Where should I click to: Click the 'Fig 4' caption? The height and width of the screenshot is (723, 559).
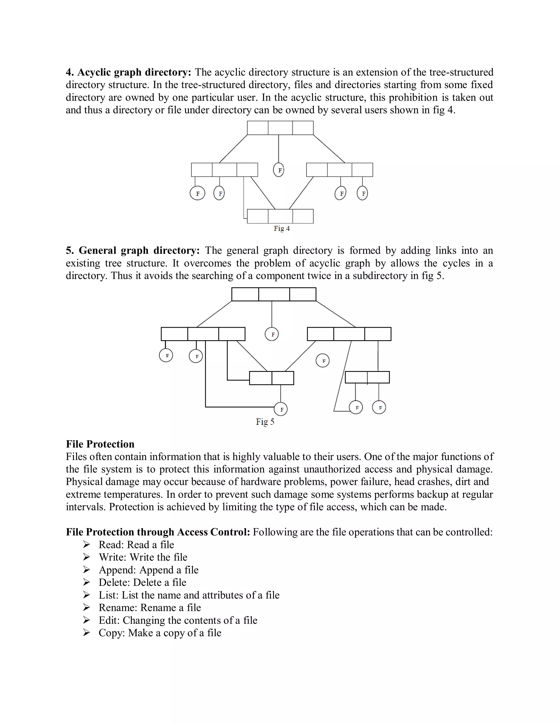point(281,228)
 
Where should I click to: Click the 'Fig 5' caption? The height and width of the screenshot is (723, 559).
point(265,422)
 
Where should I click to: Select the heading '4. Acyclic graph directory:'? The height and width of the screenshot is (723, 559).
point(129,72)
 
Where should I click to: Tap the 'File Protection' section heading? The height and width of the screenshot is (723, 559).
point(100,444)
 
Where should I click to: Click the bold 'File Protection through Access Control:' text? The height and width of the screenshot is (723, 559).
point(158,532)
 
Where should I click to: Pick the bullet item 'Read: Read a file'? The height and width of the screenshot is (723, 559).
point(136,545)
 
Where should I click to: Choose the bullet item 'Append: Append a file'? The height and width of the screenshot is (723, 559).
point(148,570)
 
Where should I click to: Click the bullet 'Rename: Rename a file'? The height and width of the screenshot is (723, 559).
point(150,608)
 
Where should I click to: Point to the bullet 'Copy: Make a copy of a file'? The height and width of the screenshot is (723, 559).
point(160,633)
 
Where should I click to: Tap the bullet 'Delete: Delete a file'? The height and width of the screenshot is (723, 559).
point(142,582)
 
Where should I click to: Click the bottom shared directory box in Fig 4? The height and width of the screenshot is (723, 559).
point(280,216)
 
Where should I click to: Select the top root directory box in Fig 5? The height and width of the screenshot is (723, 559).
point(273,294)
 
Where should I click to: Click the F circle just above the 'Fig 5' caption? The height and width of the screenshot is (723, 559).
point(281,409)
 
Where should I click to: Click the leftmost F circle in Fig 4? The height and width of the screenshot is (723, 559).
point(197,194)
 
